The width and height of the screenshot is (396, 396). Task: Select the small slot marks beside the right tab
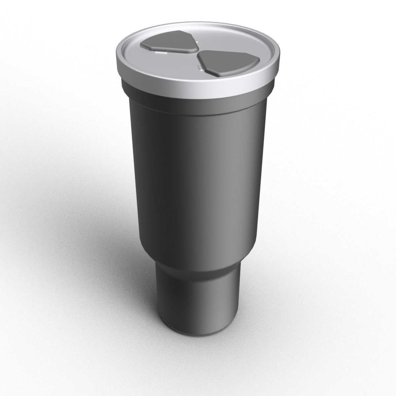199,67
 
